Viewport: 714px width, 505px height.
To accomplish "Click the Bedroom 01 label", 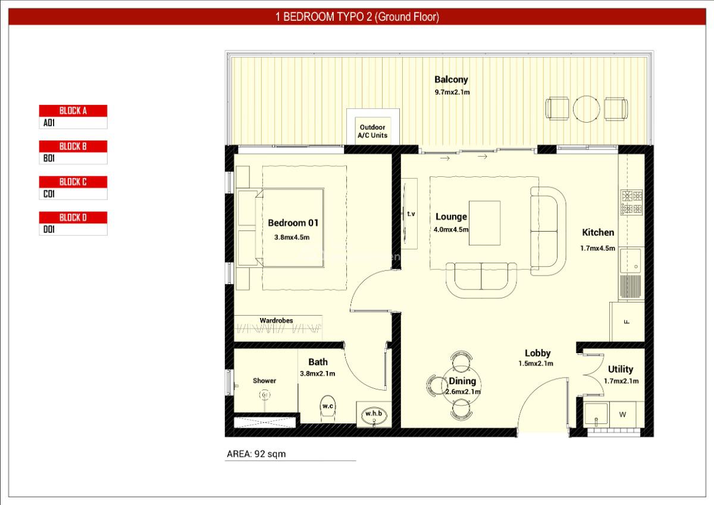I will tap(293, 223).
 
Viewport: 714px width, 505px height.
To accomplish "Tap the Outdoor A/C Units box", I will tap(372, 131).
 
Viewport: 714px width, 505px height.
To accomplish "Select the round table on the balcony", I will tap(586, 108).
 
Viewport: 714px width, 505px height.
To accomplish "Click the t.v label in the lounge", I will tap(411, 213).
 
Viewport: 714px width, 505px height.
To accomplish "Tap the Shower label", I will tap(264, 381).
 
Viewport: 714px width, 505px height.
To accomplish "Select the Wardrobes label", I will tap(276, 320).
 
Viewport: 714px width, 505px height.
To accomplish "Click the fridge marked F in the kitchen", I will tap(627, 322).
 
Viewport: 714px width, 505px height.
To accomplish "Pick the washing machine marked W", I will tap(623, 414).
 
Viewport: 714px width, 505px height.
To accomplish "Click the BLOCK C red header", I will tap(73, 182).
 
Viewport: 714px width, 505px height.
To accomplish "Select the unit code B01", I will tap(49, 159).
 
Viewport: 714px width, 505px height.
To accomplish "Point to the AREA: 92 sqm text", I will tap(256, 454).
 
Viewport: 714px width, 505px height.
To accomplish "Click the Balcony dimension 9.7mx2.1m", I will tap(452, 92).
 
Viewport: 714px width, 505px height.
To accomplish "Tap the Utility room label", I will tap(621, 369).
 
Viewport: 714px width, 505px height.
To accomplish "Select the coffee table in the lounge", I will tap(484, 223).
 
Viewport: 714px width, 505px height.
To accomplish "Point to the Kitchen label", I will tap(597, 232).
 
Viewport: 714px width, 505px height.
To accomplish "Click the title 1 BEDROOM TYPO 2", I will tap(357, 17).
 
